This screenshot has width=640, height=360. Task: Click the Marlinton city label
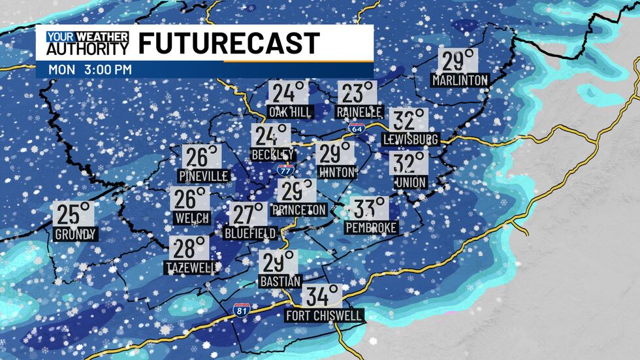tap(460, 80)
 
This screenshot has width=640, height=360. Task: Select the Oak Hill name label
tap(290, 112)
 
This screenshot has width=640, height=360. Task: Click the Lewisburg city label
tap(411, 139)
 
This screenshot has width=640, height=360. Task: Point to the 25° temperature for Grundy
tap(74, 214)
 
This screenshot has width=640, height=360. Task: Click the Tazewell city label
tap(190, 268)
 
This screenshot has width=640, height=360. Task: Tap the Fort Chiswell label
tap(325, 316)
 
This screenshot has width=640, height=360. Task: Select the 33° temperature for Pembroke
tap(370, 209)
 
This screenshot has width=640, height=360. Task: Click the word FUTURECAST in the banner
tap(229, 43)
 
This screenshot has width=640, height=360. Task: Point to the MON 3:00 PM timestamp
tap(90, 69)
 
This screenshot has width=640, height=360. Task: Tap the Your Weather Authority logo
tap(88, 43)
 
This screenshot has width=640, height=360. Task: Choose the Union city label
tap(410, 182)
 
